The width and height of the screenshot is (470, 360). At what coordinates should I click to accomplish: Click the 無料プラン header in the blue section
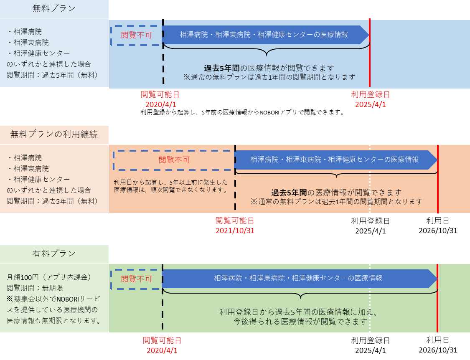tap(54, 8)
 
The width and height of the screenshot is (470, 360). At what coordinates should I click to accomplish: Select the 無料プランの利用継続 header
tap(54, 134)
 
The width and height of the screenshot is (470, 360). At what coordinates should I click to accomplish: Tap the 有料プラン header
tap(54, 254)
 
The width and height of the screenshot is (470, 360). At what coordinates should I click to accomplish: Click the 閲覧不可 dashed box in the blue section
tap(136, 35)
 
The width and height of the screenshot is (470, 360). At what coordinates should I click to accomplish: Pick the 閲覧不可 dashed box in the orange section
tap(174, 160)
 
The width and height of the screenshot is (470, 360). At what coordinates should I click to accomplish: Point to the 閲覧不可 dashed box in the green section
tap(136, 279)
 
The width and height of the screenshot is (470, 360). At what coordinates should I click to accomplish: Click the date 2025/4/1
tap(370, 104)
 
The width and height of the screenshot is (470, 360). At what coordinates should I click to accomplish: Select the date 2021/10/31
tap(235, 230)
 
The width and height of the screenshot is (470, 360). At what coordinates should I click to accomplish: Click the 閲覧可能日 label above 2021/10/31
tap(235, 221)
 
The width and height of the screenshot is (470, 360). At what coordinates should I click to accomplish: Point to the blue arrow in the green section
tap(298, 278)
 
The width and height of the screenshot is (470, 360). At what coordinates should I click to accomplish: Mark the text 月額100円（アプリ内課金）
tap(49, 277)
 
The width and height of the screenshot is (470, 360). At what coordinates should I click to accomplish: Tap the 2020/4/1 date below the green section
tap(162, 350)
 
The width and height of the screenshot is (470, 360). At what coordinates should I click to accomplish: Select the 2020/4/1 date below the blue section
tap(161, 104)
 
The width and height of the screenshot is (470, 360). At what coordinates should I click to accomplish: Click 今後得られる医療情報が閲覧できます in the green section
tap(300, 322)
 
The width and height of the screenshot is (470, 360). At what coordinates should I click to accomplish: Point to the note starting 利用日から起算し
tap(170, 186)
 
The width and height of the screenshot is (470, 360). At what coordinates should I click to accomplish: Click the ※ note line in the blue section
tap(269, 77)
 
